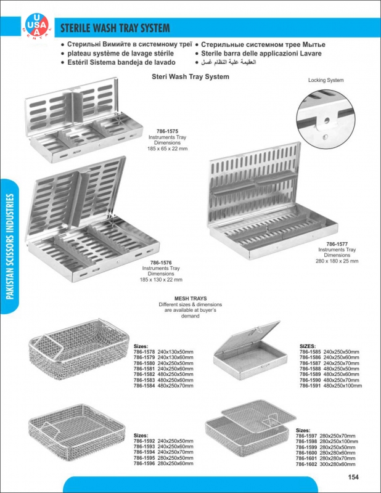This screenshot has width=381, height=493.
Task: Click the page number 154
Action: click(x=353, y=476)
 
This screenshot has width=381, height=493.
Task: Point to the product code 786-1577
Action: click(x=337, y=244)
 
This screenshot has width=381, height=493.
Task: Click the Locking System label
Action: click(x=326, y=81)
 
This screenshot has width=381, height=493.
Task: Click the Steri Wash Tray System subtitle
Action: click(x=190, y=77)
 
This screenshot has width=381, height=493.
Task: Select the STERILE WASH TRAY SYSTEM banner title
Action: click(x=114, y=29)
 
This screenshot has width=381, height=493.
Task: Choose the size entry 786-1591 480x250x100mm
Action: click(x=330, y=386)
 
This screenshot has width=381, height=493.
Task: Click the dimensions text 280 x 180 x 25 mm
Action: click(x=337, y=261)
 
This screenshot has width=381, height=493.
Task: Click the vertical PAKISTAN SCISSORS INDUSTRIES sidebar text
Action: click(x=10, y=246)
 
